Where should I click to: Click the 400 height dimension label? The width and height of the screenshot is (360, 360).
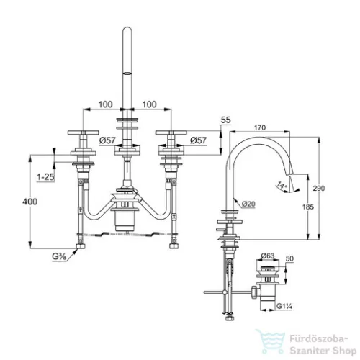coord(30,202)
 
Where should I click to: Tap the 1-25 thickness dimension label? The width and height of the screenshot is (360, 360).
coord(45,177)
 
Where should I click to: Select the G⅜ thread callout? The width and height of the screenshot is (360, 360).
coord(59,256)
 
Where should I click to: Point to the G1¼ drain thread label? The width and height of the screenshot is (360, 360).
coord(284,306)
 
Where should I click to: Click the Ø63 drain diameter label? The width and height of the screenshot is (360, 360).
coord(268,256)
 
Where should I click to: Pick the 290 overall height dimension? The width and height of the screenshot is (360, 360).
coord(319,189)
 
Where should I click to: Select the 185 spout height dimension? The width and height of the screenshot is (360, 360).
coord(308,207)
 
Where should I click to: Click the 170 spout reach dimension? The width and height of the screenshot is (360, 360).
coord(260,127)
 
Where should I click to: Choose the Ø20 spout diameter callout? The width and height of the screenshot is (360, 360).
coord(248,204)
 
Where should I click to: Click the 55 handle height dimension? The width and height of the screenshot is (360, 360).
coord(225,120)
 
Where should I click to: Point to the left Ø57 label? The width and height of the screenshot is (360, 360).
coord(107,140)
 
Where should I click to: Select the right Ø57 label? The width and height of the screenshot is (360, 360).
coord(199,140)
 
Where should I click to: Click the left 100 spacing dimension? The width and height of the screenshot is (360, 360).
coord(106,104)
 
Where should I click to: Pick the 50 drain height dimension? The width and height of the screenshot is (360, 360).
coord(290,258)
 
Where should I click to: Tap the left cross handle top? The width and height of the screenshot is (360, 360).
coord(84,132)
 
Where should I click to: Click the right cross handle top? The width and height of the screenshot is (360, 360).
coord(171,132)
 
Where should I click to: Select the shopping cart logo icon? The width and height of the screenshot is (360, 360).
coord(271,342)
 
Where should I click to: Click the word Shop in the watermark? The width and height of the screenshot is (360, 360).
coord(343,351)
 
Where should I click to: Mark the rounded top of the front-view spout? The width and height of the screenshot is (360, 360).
coord(127,28)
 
